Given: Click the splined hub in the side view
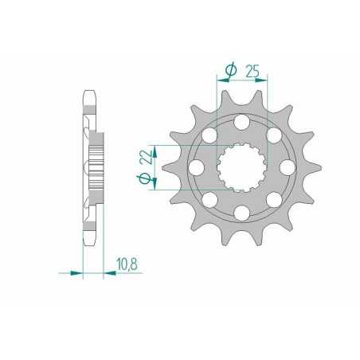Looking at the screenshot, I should pyautogui.click(x=97, y=167).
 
